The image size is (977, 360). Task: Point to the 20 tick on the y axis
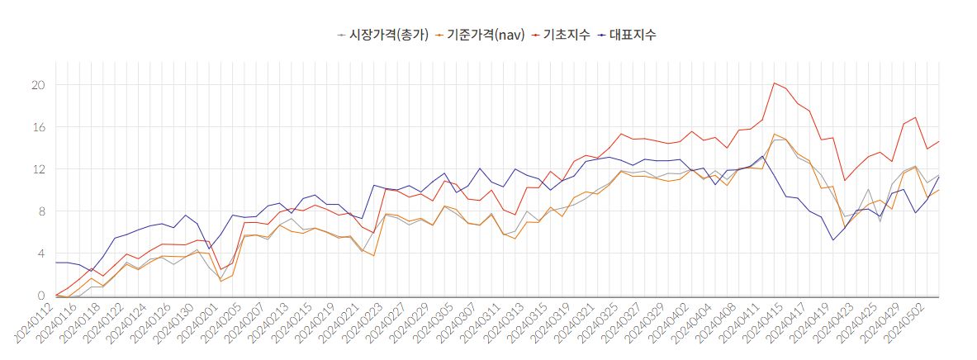click(x=38, y=85)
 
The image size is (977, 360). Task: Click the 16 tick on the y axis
click(x=38, y=127)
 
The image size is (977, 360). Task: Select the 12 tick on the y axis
click(x=38, y=169)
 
